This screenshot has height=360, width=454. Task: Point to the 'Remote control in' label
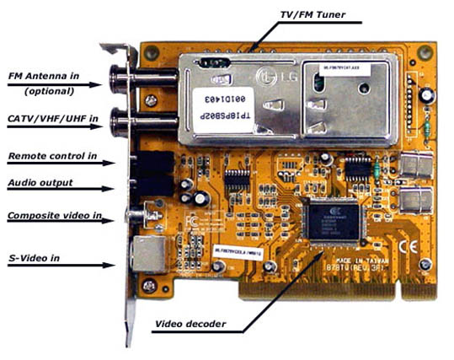click(x=51, y=156)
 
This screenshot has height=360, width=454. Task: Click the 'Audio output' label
click(x=40, y=182)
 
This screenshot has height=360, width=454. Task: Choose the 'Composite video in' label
click(x=54, y=216)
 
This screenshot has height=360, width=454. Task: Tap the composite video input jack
click(x=133, y=216)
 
